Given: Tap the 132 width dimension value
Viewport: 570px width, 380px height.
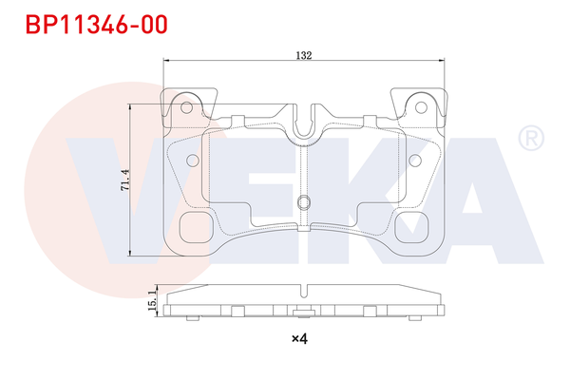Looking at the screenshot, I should pyautogui.click(x=304, y=56).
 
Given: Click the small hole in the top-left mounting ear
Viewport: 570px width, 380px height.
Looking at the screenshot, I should pyautogui.click(x=188, y=106).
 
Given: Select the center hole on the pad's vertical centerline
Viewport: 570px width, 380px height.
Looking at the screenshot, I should pyautogui.click(x=304, y=201).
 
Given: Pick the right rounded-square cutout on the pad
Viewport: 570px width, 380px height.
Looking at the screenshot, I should pyautogui.click(x=412, y=227).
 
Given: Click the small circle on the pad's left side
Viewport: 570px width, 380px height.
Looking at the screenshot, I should pyautogui.click(x=192, y=160).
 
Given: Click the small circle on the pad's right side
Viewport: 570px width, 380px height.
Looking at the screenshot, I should pyautogui.click(x=416, y=160).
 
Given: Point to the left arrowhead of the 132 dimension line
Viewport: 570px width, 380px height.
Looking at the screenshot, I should pyautogui.click(x=167, y=63).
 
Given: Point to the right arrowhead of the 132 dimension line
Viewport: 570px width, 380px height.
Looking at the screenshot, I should pyautogui.click(x=441, y=63).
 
